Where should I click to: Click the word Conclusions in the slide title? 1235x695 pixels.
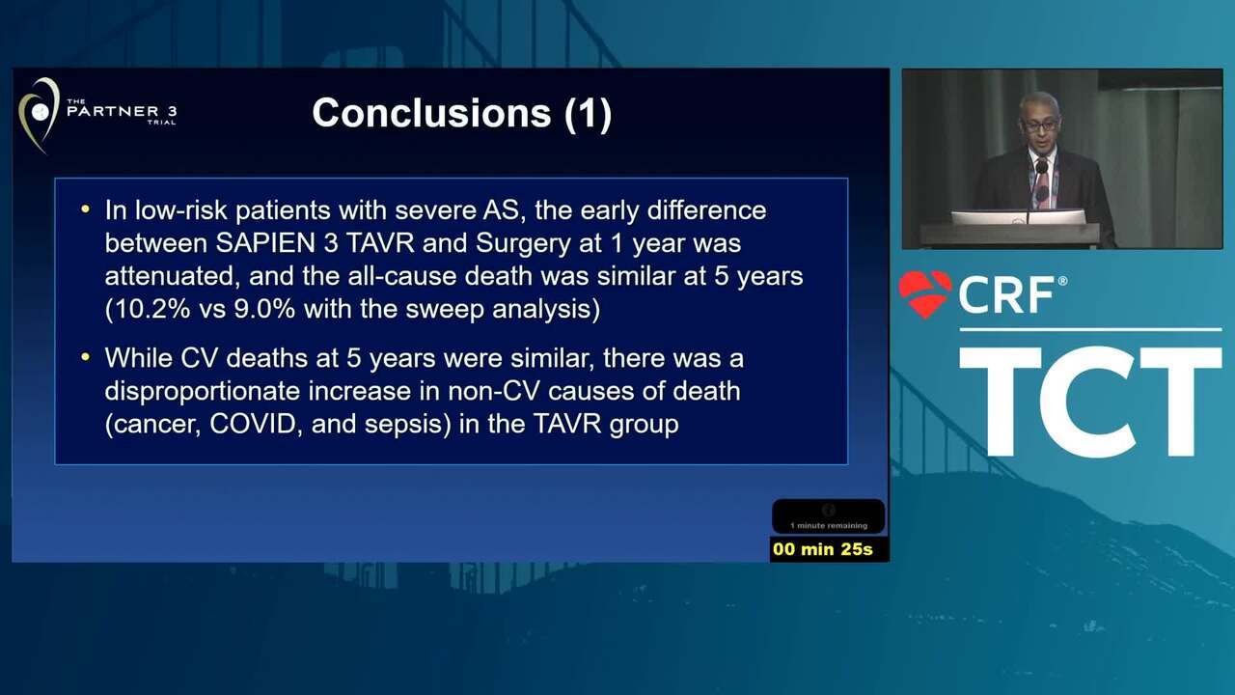(431, 113)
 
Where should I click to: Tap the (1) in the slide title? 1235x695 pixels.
(589, 114)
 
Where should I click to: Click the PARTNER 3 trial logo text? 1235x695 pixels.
(122, 112)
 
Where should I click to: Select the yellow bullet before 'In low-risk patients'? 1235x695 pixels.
(85, 209)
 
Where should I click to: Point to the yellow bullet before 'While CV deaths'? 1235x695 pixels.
(85, 357)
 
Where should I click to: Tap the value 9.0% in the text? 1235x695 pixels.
(264, 309)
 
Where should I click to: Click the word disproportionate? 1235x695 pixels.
(203, 392)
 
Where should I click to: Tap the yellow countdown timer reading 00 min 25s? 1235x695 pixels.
(823, 549)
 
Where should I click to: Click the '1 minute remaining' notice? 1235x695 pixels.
(829, 526)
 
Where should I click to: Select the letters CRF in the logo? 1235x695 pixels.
(1006, 295)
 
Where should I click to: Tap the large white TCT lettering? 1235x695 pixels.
(1090, 401)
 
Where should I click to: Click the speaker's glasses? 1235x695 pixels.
(1039, 125)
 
